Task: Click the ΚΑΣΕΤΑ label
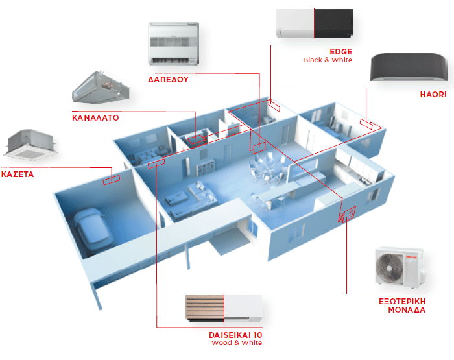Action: tap(18, 174)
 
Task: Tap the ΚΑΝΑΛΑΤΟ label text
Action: tap(95, 118)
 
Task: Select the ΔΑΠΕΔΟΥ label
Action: tap(168, 79)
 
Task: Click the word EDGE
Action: tap(340, 51)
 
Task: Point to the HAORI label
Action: tap(433, 95)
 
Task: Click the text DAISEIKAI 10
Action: tap(235, 335)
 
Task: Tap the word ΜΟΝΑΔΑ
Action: tap(407, 310)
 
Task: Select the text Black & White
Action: tap(328, 60)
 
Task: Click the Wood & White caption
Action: tap(237, 343)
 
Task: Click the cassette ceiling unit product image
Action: tap(30, 145)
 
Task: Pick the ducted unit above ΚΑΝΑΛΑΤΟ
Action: tap(100, 88)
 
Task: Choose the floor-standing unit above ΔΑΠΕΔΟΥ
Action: tap(173, 43)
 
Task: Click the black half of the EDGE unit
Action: tap(333, 23)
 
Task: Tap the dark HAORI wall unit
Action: tap(409, 67)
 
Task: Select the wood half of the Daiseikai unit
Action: tap(205, 308)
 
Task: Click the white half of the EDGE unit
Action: tap(295, 23)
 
